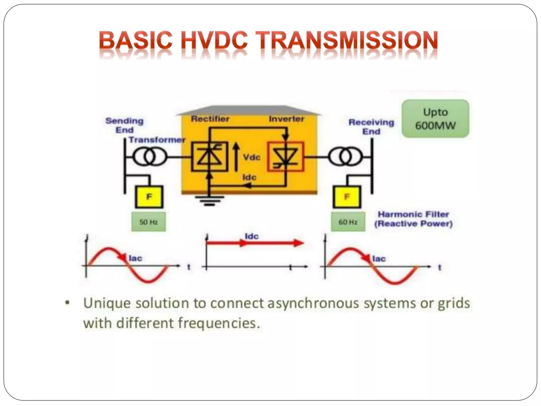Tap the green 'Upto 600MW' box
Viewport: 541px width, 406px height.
point(435,119)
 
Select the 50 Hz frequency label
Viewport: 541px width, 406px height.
point(148,222)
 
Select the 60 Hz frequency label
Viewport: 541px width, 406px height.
point(348,222)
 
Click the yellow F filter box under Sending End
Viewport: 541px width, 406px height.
point(149,197)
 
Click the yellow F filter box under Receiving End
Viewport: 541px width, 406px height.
point(347,197)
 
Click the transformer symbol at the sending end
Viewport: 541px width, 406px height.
point(150,157)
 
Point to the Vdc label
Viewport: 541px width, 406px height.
point(252,157)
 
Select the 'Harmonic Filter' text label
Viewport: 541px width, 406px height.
point(413,214)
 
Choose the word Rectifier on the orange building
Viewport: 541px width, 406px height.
point(210,119)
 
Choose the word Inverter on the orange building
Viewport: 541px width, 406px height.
point(287,119)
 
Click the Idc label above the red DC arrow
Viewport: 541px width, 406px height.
point(251,236)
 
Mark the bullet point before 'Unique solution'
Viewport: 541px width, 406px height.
point(68,303)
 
